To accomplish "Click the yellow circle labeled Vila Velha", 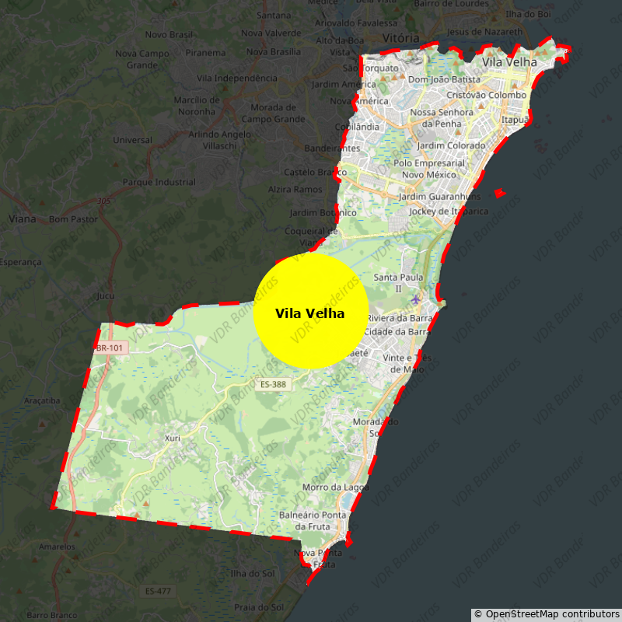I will [310, 311].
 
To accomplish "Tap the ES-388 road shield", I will [273, 384].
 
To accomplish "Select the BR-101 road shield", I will [109, 348].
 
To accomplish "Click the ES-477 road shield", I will [158, 592].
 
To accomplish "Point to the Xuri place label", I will [172, 438].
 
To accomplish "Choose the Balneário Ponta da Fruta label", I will [312, 520].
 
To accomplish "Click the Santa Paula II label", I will [398, 282].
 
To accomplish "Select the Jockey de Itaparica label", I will [449, 211].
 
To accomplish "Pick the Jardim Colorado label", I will [451, 145].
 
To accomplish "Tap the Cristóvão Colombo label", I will [487, 95].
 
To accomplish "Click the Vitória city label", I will [401, 38].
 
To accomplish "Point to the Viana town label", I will [23, 219].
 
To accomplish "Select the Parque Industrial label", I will [159, 183].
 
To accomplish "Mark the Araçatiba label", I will [42, 400].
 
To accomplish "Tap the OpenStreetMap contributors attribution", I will [547, 614].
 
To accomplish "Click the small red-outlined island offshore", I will [499, 193].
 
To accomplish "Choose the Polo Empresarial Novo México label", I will [429, 169].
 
